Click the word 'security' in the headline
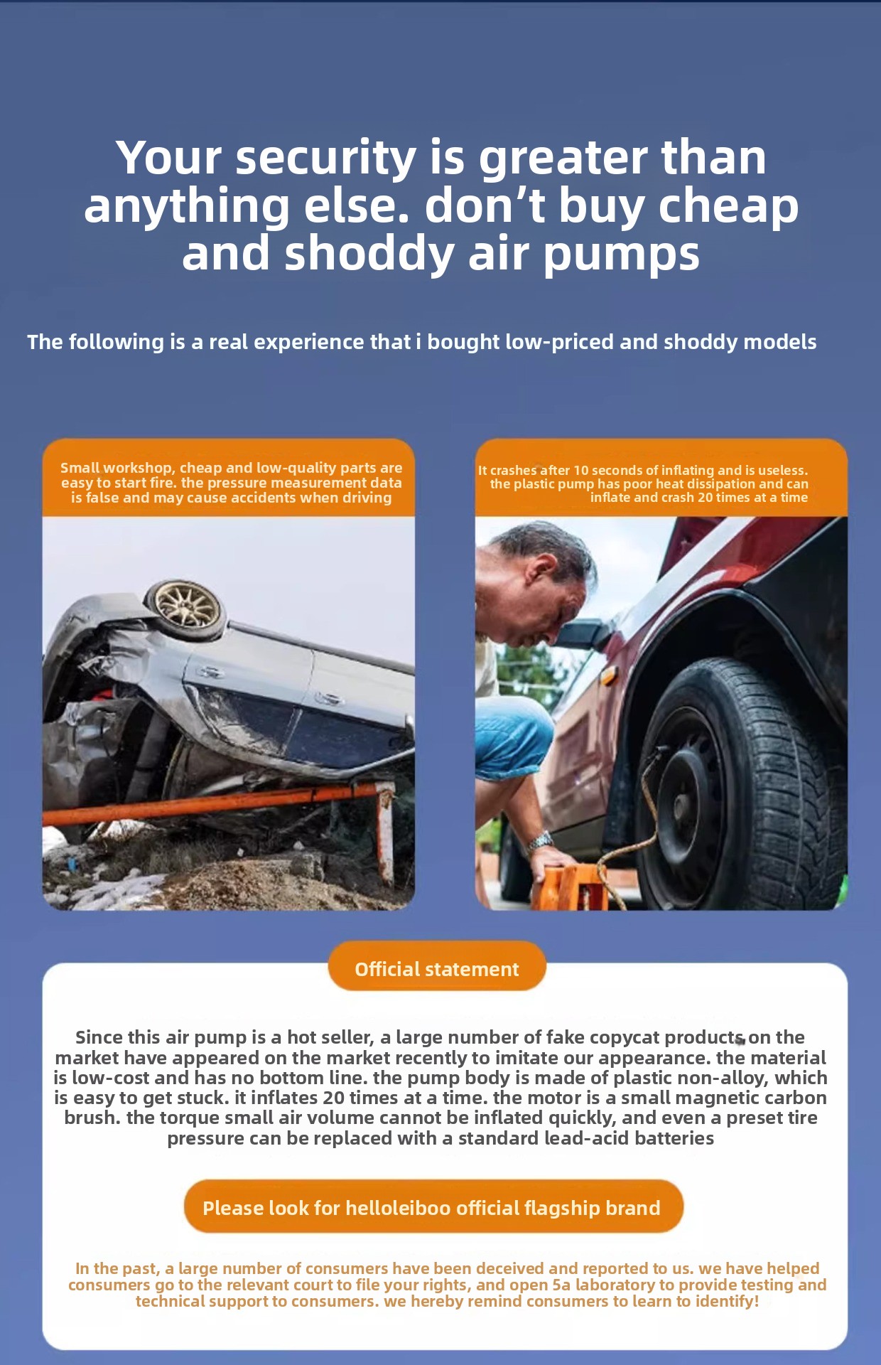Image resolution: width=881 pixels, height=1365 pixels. tap(325, 158)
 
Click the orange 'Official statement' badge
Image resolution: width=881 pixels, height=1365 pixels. tap(437, 969)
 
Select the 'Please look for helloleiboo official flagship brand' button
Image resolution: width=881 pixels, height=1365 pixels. tap(433, 1208)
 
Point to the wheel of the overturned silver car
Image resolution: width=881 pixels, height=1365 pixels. tap(186, 604)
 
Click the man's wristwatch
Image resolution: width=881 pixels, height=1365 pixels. tap(540, 842)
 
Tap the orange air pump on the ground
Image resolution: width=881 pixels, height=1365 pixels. tap(568, 885)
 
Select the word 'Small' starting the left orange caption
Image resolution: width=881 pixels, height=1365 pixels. tap(80, 468)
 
